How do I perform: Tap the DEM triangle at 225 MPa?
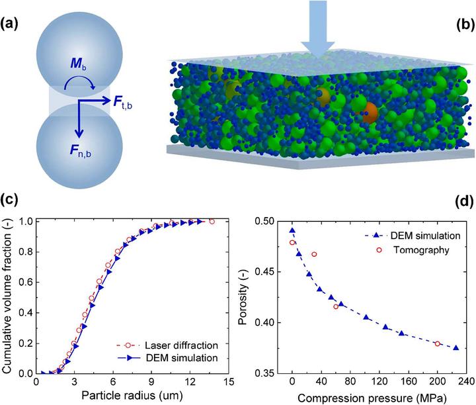tap(456, 348)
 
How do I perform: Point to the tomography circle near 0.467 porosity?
tap(314, 254)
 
